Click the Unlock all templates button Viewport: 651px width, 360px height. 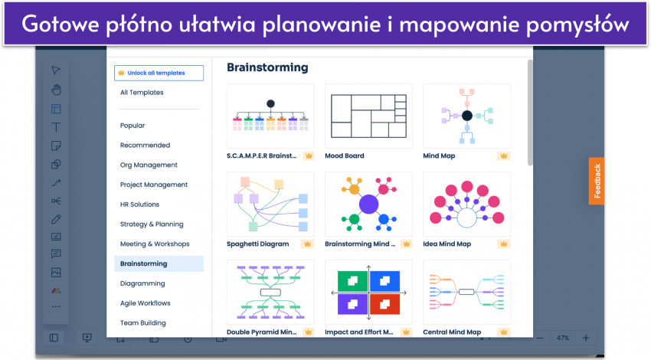tap(159, 73)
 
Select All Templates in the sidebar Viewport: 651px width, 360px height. tap(142, 93)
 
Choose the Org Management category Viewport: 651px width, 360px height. tap(149, 165)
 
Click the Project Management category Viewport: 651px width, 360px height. tap(154, 185)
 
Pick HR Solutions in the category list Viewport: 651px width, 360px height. tap(140, 205)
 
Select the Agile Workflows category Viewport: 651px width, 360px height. tap(146, 303)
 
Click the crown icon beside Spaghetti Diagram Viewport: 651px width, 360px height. tap(308, 244)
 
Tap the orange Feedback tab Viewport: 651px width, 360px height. tap(597, 181)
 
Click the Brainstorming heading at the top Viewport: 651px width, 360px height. tap(267, 67)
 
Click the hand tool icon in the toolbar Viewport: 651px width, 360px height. tap(56, 90)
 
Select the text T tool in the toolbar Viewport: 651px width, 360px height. tap(56, 127)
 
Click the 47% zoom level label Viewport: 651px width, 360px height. tap(563, 338)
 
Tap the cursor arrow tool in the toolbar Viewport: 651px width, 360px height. tap(56, 70)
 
